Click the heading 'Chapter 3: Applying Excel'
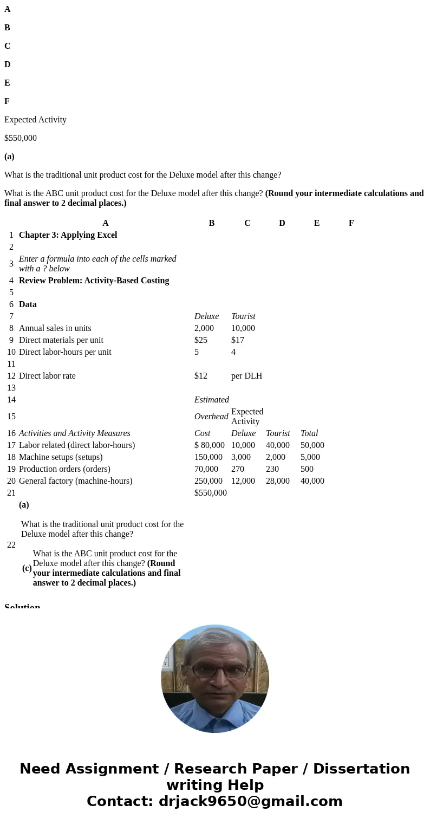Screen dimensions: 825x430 click(68, 235)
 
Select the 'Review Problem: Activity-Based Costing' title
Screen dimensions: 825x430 click(94, 281)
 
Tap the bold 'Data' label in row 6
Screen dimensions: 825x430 click(28, 304)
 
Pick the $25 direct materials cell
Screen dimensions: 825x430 click(200, 340)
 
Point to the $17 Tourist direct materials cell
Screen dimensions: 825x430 click(237, 340)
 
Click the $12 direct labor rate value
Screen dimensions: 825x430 click(200, 376)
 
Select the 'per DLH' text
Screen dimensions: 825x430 click(246, 376)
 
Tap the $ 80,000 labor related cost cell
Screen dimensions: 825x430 click(209, 445)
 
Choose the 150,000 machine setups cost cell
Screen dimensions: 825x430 click(208, 457)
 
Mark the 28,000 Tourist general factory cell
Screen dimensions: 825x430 click(277, 481)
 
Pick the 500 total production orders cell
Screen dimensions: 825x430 click(307, 469)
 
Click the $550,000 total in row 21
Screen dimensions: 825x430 click(210, 493)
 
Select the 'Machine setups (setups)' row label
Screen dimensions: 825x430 click(61, 457)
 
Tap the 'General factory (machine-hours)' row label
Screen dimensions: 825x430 click(75, 481)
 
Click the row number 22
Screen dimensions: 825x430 click(11, 545)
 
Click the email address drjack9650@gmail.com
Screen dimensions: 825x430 click(250, 802)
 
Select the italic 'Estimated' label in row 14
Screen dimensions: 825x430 click(211, 400)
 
